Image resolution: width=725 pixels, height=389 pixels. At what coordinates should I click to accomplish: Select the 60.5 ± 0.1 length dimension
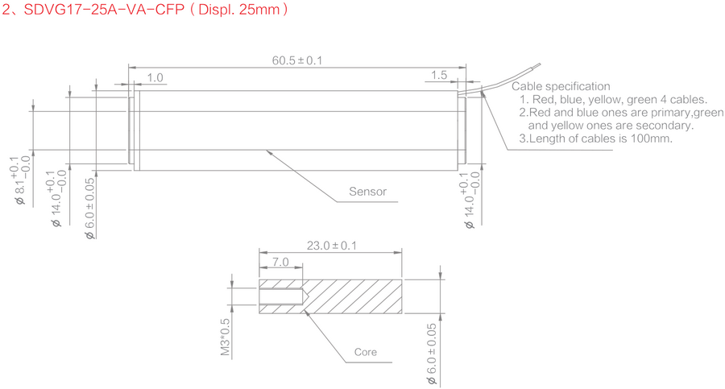coord(296,60)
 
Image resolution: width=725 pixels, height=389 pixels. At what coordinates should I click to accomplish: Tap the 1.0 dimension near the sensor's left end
coord(155,78)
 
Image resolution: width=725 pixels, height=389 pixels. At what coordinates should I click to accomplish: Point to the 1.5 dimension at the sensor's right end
coord(439,75)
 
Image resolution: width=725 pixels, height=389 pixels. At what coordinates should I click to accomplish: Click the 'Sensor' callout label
coord(367,192)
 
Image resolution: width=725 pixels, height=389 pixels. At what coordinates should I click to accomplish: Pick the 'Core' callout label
coord(366,352)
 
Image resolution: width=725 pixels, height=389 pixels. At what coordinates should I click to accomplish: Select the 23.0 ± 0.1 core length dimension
coord(330,246)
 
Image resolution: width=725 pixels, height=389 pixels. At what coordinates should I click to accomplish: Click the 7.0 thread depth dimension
coord(280,263)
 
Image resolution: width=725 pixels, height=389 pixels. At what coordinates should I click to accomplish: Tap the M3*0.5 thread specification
coord(226,337)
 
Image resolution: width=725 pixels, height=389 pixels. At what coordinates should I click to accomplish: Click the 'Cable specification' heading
coord(561,86)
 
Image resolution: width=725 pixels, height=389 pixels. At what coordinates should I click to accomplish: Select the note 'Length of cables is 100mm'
coord(595,139)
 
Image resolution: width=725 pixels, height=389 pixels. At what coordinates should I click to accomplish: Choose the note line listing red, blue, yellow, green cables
coord(613,100)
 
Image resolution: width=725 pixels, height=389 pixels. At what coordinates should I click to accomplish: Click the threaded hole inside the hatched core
coord(282,296)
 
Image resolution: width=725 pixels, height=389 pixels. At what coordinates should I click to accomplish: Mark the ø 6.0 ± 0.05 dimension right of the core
coord(432,351)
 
